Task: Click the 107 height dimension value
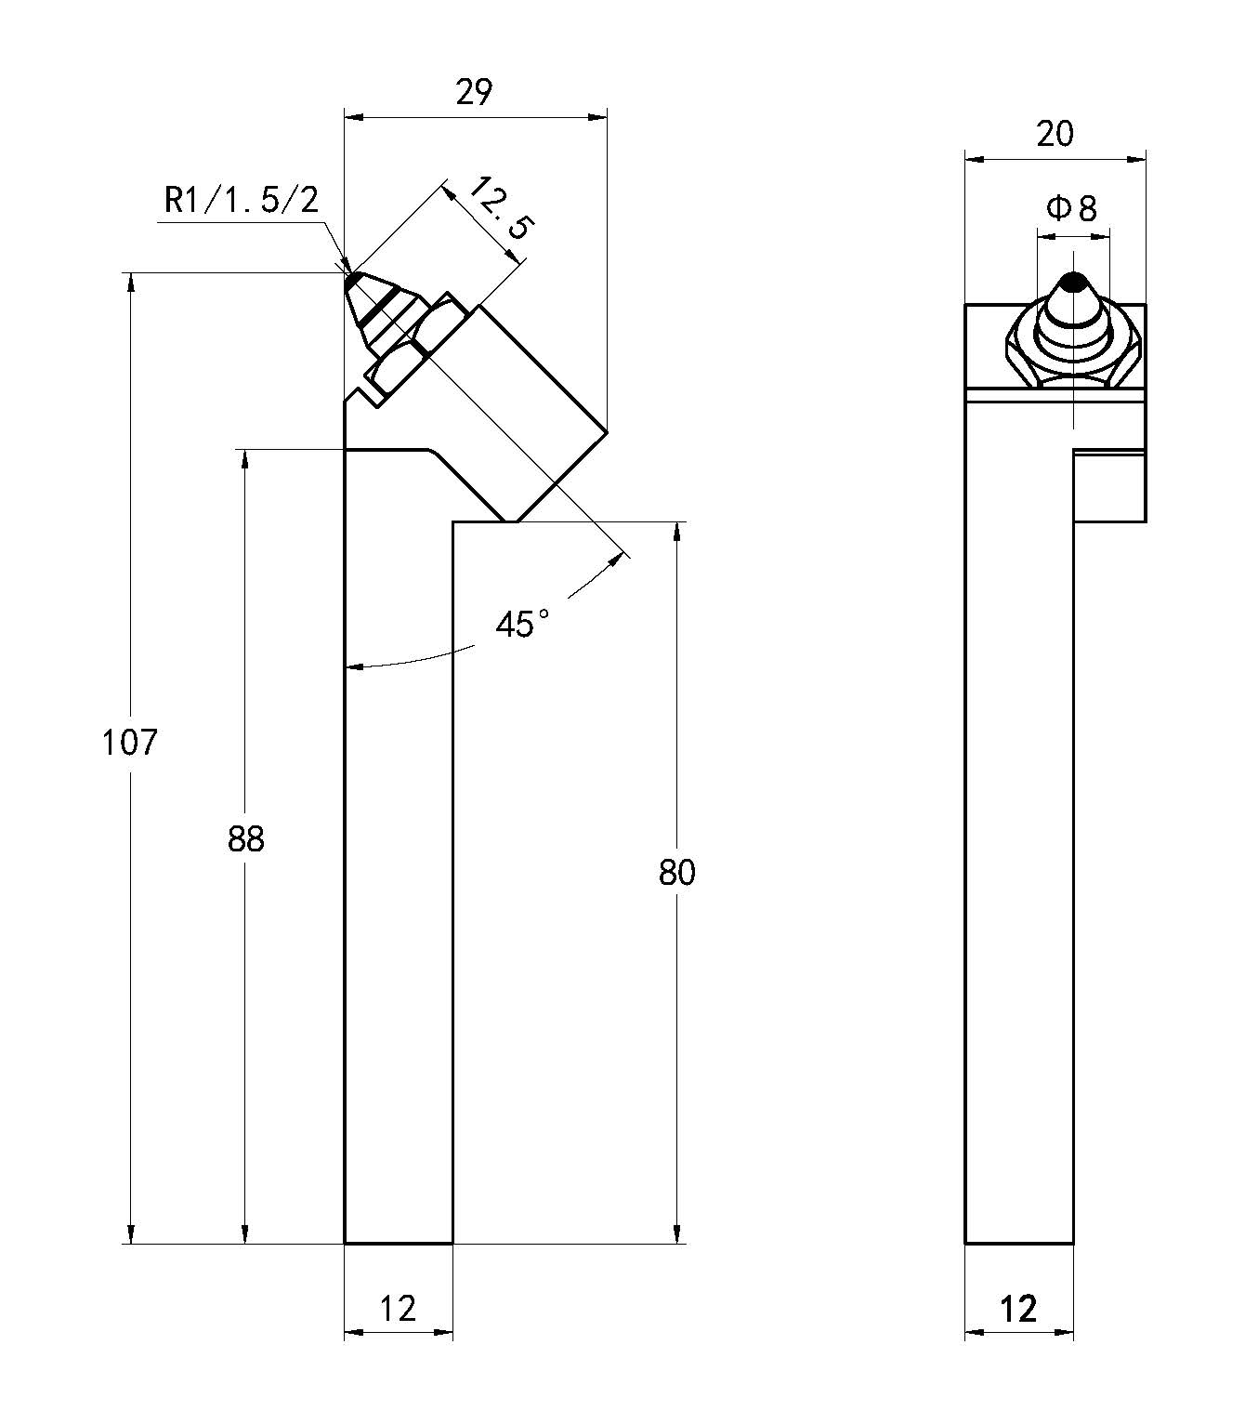(130, 743)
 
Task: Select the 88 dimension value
(245, 839)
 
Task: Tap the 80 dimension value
(676, 873)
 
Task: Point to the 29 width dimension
(474, 93)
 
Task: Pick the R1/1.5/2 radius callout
(241, 200)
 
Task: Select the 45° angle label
(521, 624)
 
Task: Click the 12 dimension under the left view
(398, 1309)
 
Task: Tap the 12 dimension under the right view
(1018, 1309)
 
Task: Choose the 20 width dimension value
(1055, 135)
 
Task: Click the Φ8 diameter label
(1072, 208)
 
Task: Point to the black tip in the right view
(1074, 281)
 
